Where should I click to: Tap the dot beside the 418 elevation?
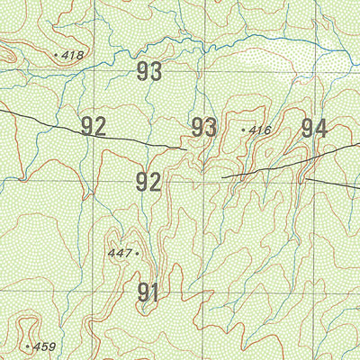click(x=57, y=56)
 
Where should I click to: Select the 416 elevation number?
click(x=260, y=131)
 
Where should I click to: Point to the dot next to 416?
click(x=244, y=130)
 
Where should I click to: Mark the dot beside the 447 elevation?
click(x=137, y=254)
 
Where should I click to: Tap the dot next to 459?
click(x=28, y=346)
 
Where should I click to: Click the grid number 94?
click(x=313, y=128)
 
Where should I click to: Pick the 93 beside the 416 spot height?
click(x=203, y=128)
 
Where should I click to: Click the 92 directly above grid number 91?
click(x=148, y=183)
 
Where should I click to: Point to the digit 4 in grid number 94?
click(x=320, y=128)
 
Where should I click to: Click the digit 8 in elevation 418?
click(x=80, y=56)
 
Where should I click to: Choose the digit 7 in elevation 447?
click(x=128, y=254)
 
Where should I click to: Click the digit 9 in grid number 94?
click(x=307, y=128)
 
